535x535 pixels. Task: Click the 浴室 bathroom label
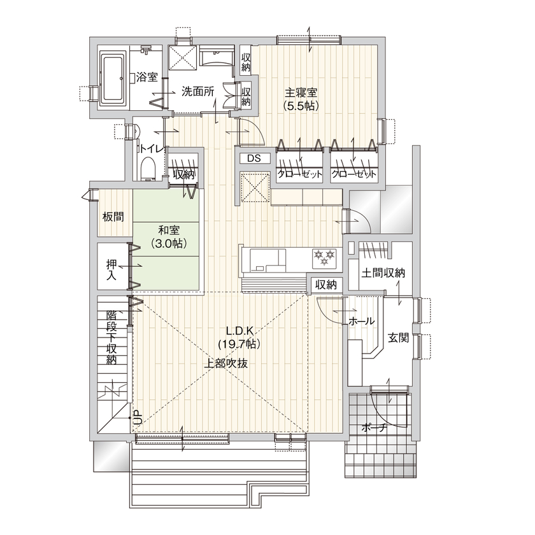pyautogui.click(x=147, y=78)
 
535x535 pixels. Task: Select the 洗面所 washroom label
pyautogui.click(x=197, y=91)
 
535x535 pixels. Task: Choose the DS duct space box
pyautogui.click(x=254, y=159)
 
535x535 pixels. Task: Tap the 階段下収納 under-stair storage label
pyautogui.click(x=111, y=337)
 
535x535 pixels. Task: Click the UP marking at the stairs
pyautogui.click(x=136, y=418)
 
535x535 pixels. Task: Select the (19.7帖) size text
pyautogui.click(x=238, y=345)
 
